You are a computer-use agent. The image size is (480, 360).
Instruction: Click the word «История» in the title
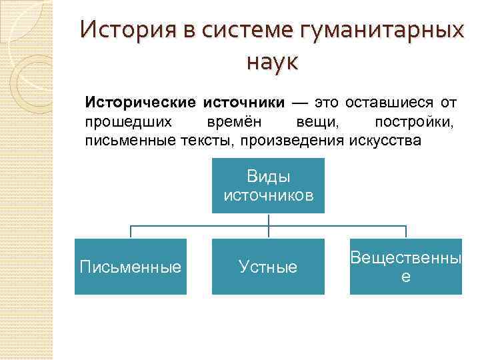coord(123,31)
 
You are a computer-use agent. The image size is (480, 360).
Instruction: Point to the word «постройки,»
coord(414,122)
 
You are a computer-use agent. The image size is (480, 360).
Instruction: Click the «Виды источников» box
coord(268,185)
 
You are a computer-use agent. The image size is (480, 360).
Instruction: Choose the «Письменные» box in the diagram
coord(130,267)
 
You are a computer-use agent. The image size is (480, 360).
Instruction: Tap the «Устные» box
coord(268,267)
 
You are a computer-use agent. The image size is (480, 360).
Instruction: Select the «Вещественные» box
coord(405,267)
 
